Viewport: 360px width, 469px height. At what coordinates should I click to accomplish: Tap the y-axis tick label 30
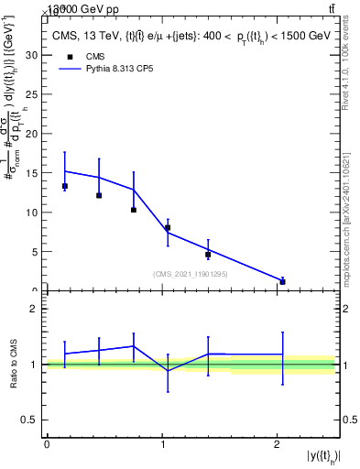pyautogui.click(x=33, y=54)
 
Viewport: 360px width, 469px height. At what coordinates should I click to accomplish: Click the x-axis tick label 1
pyautogui.click(x=162, y=444)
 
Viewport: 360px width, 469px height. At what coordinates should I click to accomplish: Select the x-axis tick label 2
pyautogui.click(x=278, y=444)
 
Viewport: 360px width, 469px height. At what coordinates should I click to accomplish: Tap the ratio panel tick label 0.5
pyautogui.click(x=29, y=420)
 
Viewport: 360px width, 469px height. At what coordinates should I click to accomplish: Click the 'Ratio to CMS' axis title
pyautogui.click(x=13, y=364)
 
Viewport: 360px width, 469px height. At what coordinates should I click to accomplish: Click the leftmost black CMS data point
pyautogui.click(x=64, y=186)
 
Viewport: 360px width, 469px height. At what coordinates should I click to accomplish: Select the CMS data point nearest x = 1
pyautogui.click(x=168, y=227)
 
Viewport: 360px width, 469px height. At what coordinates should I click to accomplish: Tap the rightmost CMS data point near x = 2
pyautogui.click(x=282, y=281)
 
